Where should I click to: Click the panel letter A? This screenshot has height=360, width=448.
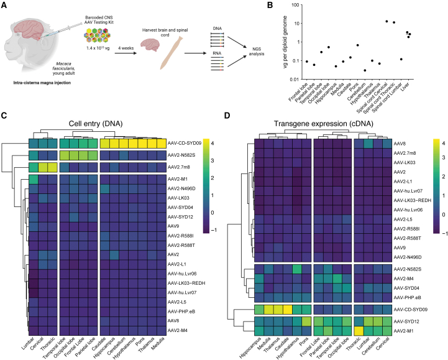pos(5,6)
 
